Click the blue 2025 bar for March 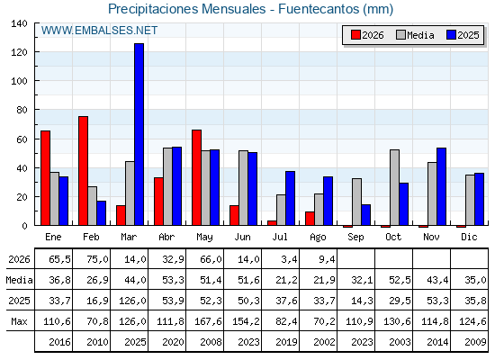point(139,134)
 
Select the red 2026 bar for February point(83,171)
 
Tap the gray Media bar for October point(394,187)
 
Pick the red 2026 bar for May point(197,177)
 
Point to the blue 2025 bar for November point(441,186)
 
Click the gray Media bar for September point(356,202)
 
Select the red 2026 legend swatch point(355,35)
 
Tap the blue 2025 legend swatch point(451,35)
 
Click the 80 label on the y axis point(22,110)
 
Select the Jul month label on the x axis point(280,238)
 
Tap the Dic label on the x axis point(469,238)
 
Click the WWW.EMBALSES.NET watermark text point(99,31)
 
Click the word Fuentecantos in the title point(319,9)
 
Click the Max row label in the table point(19,321)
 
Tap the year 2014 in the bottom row point(437,342)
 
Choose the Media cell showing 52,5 point(400,280)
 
